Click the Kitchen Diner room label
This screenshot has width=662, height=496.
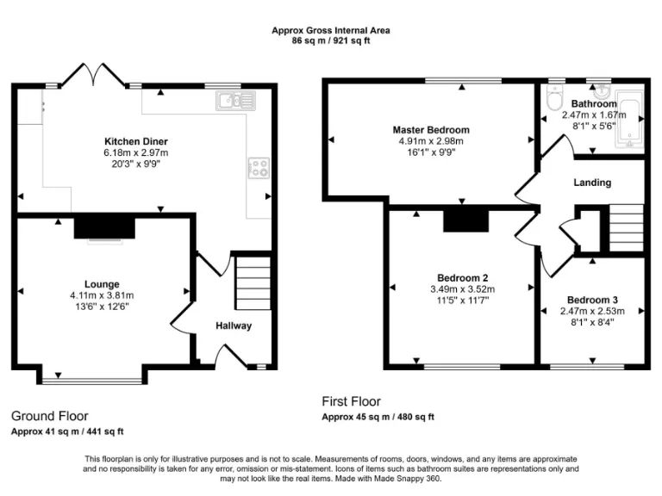136,141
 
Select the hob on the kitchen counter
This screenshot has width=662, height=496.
258,167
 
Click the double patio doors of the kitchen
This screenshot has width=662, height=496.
95,76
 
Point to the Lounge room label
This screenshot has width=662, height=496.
102,284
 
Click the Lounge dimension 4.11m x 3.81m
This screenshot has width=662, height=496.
102,295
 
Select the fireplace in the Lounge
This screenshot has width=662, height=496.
104,227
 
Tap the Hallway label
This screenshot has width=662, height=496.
234,325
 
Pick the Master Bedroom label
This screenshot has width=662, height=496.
431,130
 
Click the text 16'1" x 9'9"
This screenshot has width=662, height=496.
431,152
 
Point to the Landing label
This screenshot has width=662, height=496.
592,183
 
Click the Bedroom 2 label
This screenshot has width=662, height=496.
463,277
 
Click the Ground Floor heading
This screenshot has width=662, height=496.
49,416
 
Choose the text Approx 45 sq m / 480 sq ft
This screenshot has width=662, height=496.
378,417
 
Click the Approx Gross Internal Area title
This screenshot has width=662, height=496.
331,30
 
